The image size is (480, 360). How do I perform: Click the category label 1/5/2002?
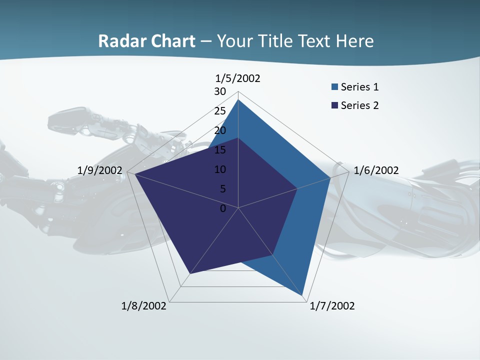click(238, 78)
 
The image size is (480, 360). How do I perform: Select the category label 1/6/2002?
click(376, 170)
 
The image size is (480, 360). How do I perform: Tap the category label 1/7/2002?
click(332, 306)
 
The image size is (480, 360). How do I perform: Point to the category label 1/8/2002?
click(144, 306)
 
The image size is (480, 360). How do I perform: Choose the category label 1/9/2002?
click(100, 170)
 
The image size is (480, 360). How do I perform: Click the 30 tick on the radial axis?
click(220, 91)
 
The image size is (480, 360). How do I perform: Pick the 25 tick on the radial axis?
click(220, 111)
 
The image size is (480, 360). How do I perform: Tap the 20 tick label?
click(220, 130)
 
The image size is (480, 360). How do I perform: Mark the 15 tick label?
click(220, 150)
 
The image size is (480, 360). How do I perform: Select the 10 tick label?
click(220, 169)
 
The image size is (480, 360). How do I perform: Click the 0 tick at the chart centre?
click(223, 208)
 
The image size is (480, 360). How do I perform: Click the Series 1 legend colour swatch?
click(334, 87)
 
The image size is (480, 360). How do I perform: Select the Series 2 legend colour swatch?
click(334, 105)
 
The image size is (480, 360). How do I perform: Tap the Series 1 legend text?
click(359, 87)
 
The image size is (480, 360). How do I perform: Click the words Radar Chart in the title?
click(146, 41)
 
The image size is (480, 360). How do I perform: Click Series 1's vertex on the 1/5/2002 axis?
click(238, 99)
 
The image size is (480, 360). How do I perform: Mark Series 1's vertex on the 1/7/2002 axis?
click(303, 296)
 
